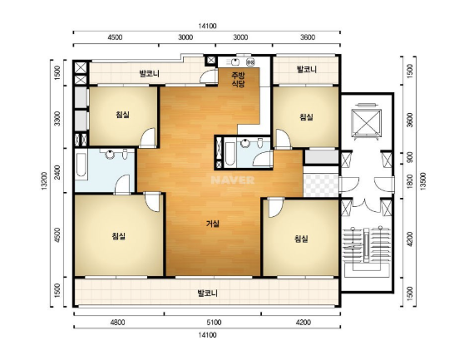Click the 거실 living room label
(x=213, y=224)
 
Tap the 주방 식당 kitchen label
(x=238, y=80)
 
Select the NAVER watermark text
(x=233, y=180)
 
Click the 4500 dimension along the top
(x=115, y=37)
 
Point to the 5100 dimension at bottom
(x=215, y=323)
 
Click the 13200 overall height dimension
(x=44, y=181)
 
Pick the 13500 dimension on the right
(x=423, y=180)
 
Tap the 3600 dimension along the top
(x=308, y=37)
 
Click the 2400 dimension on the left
(x=57, y=173)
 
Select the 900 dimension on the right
(x=410, y=156)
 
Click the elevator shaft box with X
(x=367, y=121)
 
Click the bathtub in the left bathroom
(x=81, y=165)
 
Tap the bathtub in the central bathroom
(x=230, y=154)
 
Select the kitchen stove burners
(x=250, y=62)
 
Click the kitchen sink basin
(x=235, y=62)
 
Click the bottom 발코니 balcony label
(x=207, y=293)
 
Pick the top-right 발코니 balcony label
(x=307, y=70)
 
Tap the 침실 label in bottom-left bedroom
(x=118, y=236)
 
